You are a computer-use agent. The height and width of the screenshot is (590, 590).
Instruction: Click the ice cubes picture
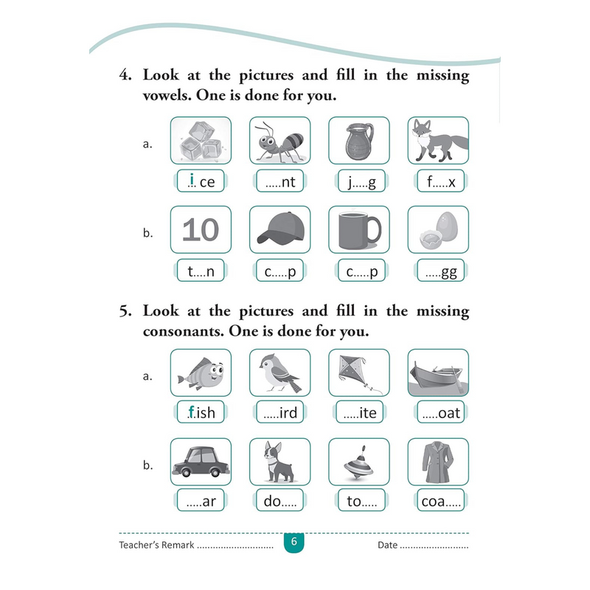[201, 141]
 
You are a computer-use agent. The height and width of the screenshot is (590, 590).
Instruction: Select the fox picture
[438, 141]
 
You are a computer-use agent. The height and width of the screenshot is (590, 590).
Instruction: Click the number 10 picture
[201, 230]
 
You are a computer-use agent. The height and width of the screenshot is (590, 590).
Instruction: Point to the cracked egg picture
[438, 230]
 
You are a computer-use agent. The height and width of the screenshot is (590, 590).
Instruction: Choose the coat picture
[438, 462]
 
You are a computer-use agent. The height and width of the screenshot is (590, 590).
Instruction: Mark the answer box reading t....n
[201, 271]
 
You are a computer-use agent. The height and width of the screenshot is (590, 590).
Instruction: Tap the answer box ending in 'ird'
[280, 413]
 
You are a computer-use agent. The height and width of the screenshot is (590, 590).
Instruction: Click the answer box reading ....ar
[201, 502]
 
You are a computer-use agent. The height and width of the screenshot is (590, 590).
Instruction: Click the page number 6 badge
[294, 543]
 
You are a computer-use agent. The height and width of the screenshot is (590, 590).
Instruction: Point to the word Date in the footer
[386, 546]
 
